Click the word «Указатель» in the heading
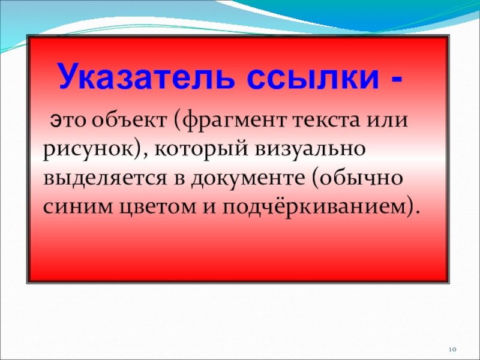pyautogui.click(x=147, y=77)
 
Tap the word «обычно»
pyautogui.click(x=358, y=179)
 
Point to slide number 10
pyautogui.click(x=453, y=349)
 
